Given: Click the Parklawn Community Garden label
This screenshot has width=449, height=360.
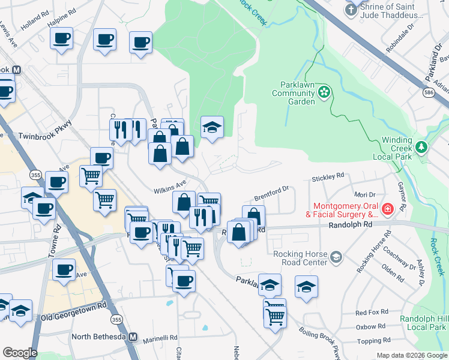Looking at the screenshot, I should [x=293, y=93].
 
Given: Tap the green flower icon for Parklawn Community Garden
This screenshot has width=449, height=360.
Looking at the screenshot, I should [x=324, y=92].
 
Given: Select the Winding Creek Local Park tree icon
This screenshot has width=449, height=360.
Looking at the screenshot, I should [x=421, y=146].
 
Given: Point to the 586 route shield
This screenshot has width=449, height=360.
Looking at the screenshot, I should [x=429, y=93].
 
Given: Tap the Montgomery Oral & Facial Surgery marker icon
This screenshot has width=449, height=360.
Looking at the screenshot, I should [x=388, y=209].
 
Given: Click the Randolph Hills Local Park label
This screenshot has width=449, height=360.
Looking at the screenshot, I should [x=426, y=323].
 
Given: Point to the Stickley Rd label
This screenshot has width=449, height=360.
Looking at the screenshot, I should [x=328, y=177].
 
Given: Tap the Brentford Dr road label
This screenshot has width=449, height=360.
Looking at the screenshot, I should [x=271, y=193].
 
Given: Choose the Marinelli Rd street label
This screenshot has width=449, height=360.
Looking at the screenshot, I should [x=160, y=337].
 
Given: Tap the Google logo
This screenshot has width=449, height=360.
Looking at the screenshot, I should [x=19, y=353].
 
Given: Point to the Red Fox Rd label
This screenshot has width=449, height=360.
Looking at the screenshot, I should [x=372, y=313].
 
